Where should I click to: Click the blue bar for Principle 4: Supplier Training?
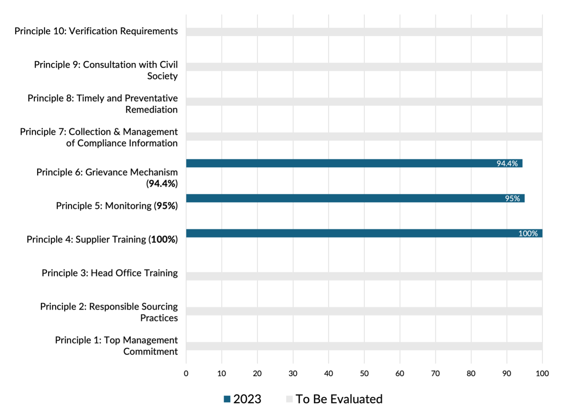click(364, 233)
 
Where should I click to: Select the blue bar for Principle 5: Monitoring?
click(355, 198)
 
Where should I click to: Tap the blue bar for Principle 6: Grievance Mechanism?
click(354, 163)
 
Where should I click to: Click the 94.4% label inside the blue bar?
click(507, 164)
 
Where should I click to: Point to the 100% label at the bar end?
click(528, 233)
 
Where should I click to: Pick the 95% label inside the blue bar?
click(512, 198)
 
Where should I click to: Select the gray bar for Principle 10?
click(364, 32)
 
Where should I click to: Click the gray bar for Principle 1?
click(364, 346)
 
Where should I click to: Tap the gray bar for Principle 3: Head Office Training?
click(364, 276)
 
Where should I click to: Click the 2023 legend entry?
click(242, 399)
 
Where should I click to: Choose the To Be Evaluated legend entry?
click(334, 399)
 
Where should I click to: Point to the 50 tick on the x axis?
click(364, 373)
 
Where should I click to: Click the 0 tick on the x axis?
click(186, 373)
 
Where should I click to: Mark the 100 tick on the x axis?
click(542, 373)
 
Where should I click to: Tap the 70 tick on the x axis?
click(435, 373)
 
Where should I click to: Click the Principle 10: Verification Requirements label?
click(96, 31)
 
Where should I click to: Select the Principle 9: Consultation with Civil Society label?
click(106, 70)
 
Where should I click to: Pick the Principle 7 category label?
click(99, 137)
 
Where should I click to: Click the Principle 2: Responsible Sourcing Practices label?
click(109, 312)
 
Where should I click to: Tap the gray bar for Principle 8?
click(364, 102)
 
